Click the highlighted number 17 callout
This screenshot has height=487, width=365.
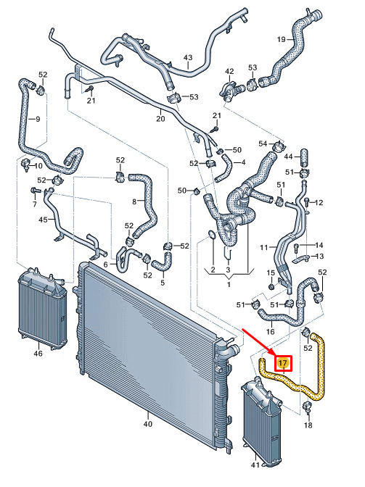[283, 363]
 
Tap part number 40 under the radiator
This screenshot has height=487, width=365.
[148, 424]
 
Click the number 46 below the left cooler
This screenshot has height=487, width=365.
[38, 353]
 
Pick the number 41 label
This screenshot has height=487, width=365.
[255, 465]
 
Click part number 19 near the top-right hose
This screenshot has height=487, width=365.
[281, 39]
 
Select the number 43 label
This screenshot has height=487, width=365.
[188, 57]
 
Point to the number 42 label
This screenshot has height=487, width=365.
[229, 71]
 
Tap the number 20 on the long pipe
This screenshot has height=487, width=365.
[160, 119]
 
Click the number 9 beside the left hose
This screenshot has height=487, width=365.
[38, 119]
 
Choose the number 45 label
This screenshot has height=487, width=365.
[43, 220]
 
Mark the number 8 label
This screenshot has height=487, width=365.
[134, 201]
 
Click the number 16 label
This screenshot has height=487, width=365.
[270, 331]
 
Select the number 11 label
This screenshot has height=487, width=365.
[264, 248]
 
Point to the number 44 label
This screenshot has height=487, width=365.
[288, 157]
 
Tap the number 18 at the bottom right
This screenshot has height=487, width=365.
[308, 425]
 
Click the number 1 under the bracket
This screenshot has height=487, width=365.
[229, 284]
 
